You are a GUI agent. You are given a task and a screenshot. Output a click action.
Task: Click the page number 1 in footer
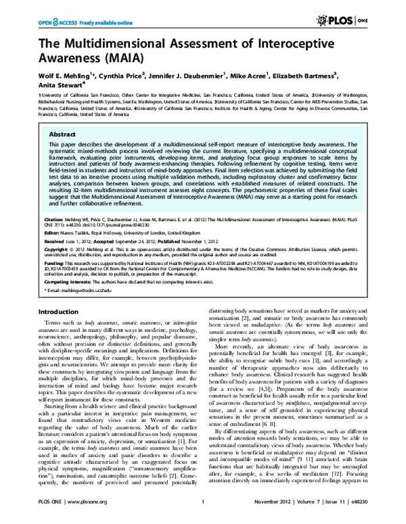(202, 513)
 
